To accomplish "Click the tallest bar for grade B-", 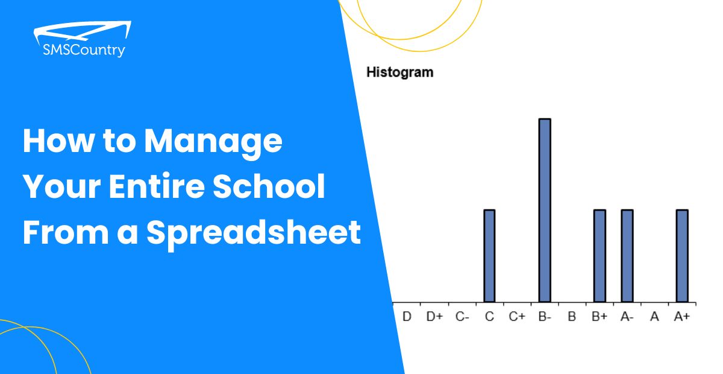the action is [x=545, y=211].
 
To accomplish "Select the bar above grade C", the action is [x=489, y=256].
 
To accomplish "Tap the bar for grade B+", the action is [x=599, y=256].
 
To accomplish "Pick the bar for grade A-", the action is [x=627, y=256].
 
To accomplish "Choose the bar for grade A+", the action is [x=682, y=256].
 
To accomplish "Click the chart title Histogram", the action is [x=400, y=72].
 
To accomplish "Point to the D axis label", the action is [x=407, y=317].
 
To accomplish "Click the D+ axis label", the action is [x=434, y=317].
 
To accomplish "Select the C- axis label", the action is [x=462, y=317].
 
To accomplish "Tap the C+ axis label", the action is [x=517, y=317].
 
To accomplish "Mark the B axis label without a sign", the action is [x=572, y=317].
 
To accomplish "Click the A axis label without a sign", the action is [x=654, y=317].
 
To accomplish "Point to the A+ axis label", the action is [x=682, y=317].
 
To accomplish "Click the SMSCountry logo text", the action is [x=84, y=51].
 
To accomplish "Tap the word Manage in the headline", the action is [x=213, y=142].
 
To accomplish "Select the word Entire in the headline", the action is [x=157, y=186].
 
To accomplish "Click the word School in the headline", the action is [x=269, y=186].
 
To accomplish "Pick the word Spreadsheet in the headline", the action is [x=254, y=233].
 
